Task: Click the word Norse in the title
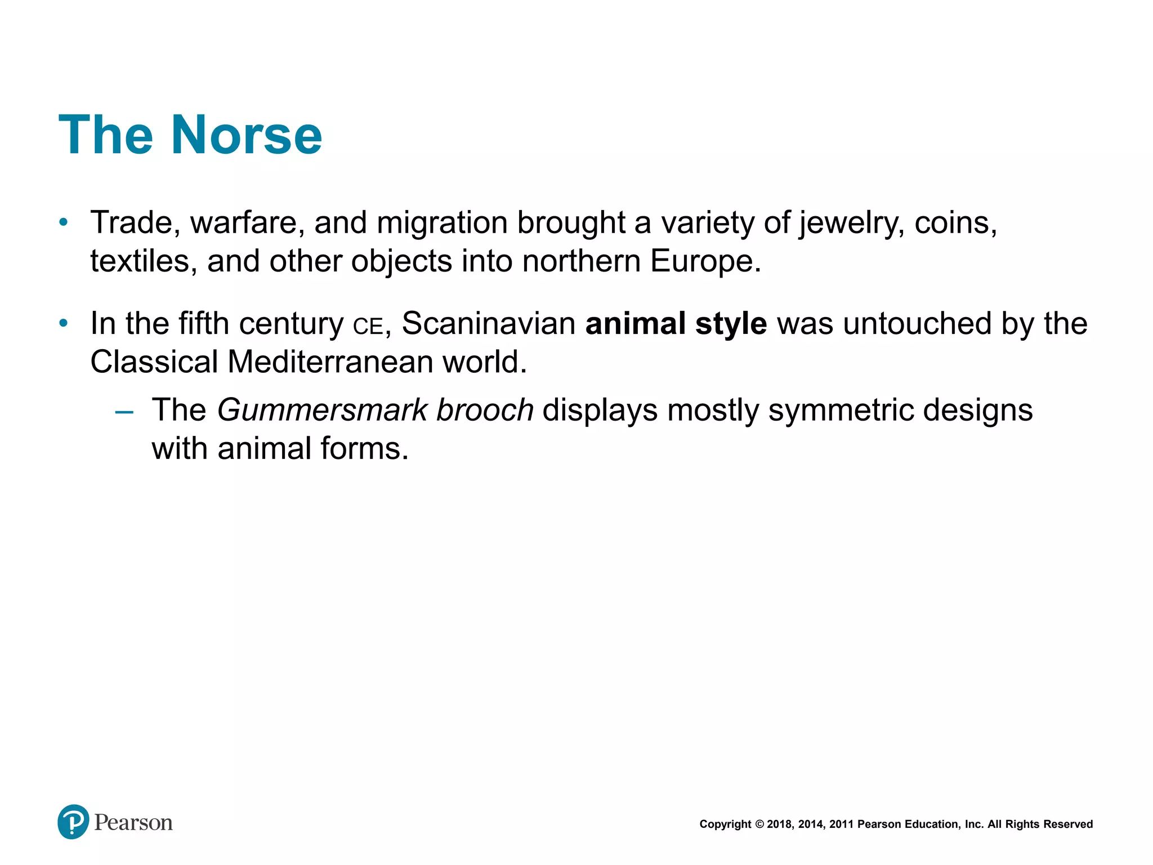tap(246, 135)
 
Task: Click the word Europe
tap(705, 261)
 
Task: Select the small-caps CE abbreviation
tap(368, 326)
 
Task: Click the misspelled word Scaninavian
tap(488, 324)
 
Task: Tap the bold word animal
tap(635, 324)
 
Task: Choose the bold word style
tap(731, 324)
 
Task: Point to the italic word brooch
tap(485, 410)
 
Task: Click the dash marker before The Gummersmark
tap(124, 412)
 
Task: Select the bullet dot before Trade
tap(64, 222)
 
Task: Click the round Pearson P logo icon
tap(73, 822)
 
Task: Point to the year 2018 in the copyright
tap(779, 824)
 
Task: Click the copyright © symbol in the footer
tap(759, 824)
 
